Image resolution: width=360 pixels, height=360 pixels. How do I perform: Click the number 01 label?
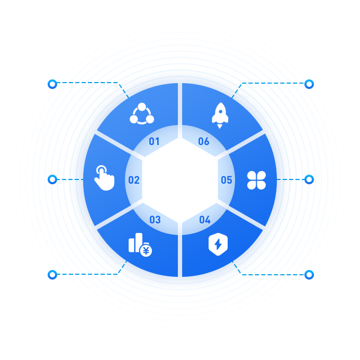[x=154, y=141]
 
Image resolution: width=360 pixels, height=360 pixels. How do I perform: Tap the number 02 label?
[x=134, y=180]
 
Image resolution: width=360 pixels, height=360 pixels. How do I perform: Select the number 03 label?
[x=155, y=220]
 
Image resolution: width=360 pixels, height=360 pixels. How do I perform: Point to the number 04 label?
[x=205, y=220]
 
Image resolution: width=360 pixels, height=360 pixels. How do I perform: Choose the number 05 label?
[x=227, y=180]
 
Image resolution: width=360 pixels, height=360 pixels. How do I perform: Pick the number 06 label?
[x=204, y=141]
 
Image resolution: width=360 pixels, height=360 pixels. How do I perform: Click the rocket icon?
[x=220, y=115]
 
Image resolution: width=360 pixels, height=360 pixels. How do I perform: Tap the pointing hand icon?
[x=104, y=178]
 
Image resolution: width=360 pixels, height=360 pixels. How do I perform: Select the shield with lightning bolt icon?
[x=218, y=244]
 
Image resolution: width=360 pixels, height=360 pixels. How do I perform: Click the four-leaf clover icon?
[x=256, y=180]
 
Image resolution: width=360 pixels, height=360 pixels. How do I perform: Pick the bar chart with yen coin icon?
[x=140, y=245]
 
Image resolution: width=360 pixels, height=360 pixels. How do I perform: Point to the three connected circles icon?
[x=142, y=114]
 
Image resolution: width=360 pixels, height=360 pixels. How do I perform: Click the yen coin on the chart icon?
[x=146, y=251]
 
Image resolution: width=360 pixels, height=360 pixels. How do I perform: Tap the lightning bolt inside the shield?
[x=218, y=244]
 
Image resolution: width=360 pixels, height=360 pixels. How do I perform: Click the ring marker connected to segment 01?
[x=52, y=84]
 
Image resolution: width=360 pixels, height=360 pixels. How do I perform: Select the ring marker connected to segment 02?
[x=52, y=179]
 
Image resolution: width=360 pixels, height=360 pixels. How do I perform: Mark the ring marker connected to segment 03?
[x=52, y=275]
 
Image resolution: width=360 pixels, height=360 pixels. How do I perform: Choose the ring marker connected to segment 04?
[x=309, y=275]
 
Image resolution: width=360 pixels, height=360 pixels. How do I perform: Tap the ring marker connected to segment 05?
[x=309, y=179]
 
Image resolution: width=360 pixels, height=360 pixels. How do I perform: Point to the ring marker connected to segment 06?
[x=309, y=84]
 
